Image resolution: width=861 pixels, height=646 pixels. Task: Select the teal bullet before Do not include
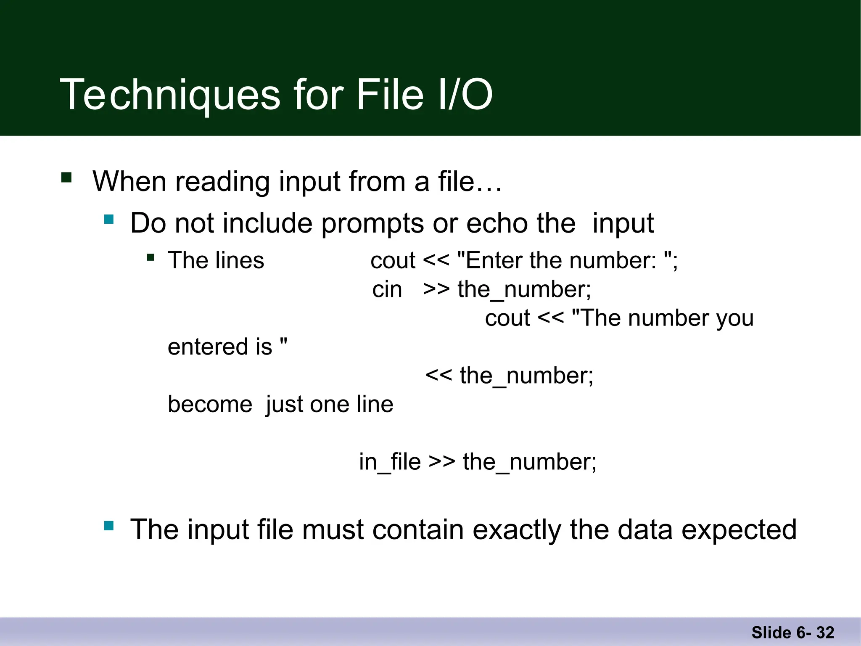109,219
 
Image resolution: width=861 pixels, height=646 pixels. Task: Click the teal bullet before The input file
109,526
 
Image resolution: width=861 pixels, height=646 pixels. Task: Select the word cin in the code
387,290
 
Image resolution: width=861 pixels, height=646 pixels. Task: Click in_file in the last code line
390,462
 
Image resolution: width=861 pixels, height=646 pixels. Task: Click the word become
210,405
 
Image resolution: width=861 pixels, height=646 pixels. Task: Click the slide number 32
825,633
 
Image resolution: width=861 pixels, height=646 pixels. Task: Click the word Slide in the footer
771,633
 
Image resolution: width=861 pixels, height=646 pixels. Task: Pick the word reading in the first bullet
222,182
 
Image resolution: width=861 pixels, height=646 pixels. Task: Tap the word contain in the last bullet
417,530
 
